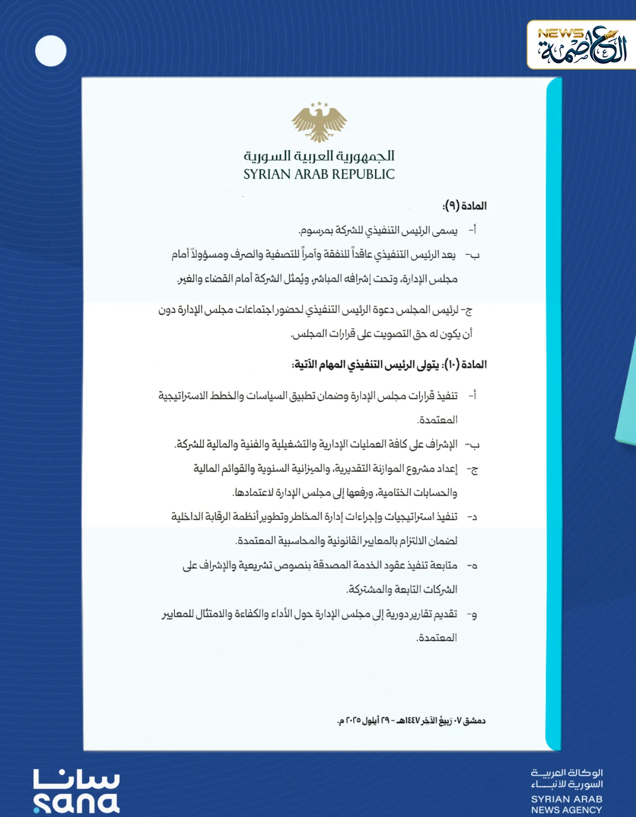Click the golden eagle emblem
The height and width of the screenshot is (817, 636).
pos(319,122)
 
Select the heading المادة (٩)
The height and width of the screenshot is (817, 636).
pos(465,205)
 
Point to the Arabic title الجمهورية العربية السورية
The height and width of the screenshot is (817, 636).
pos(319,156)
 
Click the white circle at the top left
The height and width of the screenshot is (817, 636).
pos(51,51)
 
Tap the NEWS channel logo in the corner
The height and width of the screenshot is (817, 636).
pos(581,45)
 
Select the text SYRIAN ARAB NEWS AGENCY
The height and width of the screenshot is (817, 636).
pos(566,805)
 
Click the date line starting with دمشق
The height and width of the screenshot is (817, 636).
pos(411,720)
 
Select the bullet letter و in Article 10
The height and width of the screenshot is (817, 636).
pos(473,615)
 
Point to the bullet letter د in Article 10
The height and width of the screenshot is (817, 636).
pos(473,517)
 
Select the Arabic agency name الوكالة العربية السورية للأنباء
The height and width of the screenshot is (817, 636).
pos(567,778)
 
